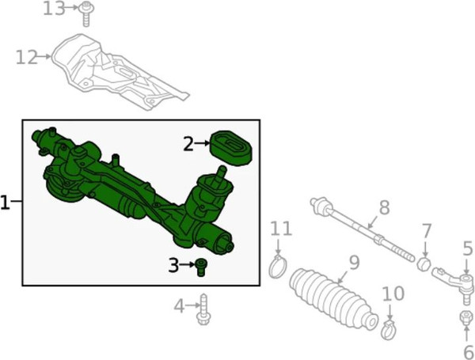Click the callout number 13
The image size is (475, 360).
54,9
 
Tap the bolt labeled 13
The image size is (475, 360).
86,14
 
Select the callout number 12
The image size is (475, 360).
27,57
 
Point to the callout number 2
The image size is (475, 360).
188,144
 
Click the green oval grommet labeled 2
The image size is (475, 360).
231,148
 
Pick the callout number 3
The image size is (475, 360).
173,265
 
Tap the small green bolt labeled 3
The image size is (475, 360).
200,267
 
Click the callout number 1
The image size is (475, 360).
6,203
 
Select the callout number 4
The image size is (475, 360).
179,306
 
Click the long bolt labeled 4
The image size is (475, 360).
203,309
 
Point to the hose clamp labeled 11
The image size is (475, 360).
278,267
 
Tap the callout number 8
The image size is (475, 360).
385,208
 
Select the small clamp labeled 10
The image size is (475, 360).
389,330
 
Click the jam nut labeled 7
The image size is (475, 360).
424,263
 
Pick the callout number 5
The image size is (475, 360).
468,248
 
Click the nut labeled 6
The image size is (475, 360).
466,317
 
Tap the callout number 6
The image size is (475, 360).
469,352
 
